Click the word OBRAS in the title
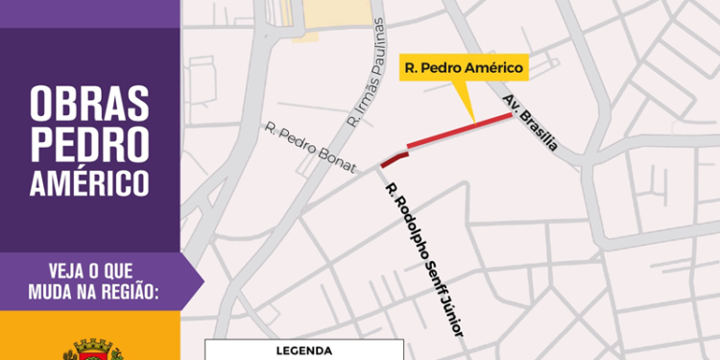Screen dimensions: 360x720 click(90, 99)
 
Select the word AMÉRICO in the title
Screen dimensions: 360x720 click(90, 180)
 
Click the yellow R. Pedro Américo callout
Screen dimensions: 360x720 click(463, 67)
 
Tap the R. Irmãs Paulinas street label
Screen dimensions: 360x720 click(367, 72)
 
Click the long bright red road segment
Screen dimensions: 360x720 click(459, 131)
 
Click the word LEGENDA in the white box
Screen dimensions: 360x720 click(304, 351)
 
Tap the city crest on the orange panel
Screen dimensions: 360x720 click(92, 349)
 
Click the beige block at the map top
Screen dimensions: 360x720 click(331, 14)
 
